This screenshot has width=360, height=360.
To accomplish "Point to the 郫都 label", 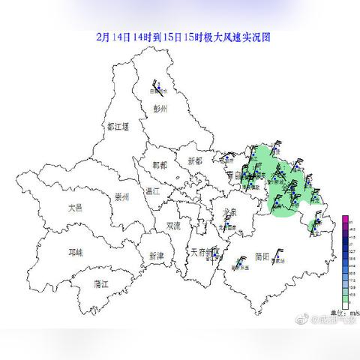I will click(160, 164).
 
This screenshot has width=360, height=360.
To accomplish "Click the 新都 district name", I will click(195, 161).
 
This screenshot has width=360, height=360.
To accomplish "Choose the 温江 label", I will click(153, 190).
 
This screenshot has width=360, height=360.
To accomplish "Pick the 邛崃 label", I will click(76, 253).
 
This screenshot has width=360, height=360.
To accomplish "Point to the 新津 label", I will click(155, 256).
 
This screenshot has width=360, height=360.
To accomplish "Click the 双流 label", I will click(173, 225).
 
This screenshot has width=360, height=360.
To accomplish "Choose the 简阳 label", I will click(262, 256).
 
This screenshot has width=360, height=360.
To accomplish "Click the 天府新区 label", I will click(202, 252).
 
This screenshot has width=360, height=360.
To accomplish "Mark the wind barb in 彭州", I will click(158, 89).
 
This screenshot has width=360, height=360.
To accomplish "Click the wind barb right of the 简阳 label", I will click(279, 255).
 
